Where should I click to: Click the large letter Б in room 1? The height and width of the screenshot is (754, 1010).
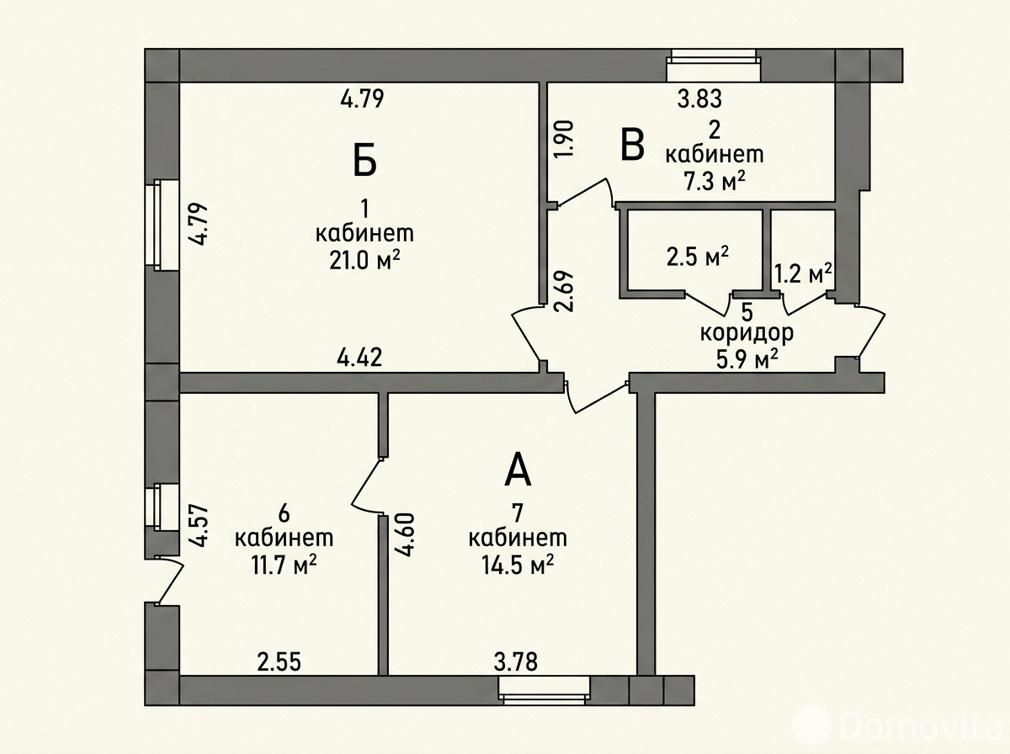coord(364,160)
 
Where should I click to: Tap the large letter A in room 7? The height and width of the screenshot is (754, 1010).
coord(518,470)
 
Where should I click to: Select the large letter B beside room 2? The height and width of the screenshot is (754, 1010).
coord(632,145)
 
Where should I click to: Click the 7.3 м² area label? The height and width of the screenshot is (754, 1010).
coord(715,182)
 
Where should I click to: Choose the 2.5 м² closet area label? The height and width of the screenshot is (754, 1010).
coord(698,256)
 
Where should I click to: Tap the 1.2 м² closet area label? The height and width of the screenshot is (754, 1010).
coord(804,273)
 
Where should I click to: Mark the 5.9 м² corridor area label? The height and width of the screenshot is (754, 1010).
coord(747,359)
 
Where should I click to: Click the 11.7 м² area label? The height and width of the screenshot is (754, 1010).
coord(284,565)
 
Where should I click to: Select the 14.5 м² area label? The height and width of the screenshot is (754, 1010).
coord(517,565)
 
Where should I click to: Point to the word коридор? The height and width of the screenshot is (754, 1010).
coord(747,333)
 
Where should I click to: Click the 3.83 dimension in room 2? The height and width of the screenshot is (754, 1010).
coord(699,98)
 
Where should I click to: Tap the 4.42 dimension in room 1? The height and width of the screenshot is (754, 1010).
coord(359,358)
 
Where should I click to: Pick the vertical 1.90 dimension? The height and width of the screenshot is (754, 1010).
coord(565,140)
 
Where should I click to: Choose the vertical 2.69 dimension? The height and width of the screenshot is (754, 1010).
coord(565,291)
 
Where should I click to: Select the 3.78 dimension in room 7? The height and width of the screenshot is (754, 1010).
coord(515,663)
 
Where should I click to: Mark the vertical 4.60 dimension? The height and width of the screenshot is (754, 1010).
coord(406,535)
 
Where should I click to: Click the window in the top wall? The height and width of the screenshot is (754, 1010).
coord(713,66)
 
